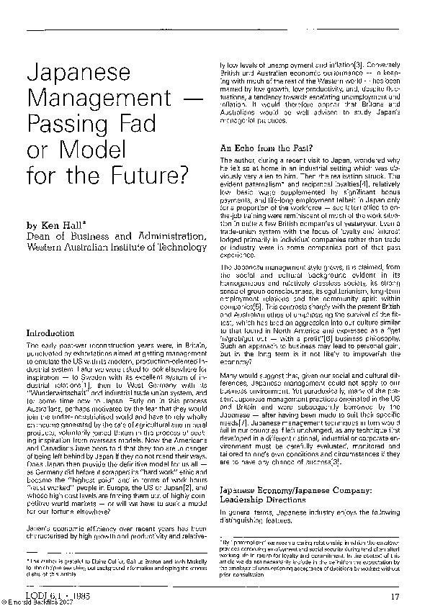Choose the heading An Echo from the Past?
click(266, 148)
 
